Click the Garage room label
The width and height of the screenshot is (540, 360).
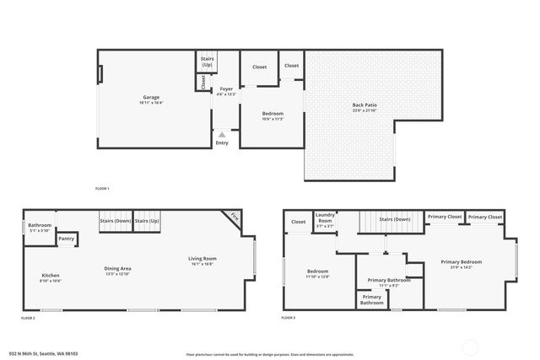151,98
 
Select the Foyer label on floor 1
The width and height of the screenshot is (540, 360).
226,89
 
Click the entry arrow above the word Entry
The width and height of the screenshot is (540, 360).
222,133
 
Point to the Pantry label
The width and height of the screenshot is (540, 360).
67,239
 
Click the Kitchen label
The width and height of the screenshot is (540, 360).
51,276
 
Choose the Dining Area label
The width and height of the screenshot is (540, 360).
117,268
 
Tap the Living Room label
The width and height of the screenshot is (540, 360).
202,259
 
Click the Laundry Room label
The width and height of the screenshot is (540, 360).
325,218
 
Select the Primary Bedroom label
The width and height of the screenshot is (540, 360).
462,261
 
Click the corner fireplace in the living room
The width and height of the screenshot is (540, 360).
234,218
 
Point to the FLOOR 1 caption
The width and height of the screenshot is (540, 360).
102,188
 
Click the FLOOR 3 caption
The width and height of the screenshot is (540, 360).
288,318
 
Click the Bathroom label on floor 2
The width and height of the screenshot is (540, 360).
40,225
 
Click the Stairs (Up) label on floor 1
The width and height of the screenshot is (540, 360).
208,62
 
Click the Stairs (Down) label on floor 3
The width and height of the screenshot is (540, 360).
395,219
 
